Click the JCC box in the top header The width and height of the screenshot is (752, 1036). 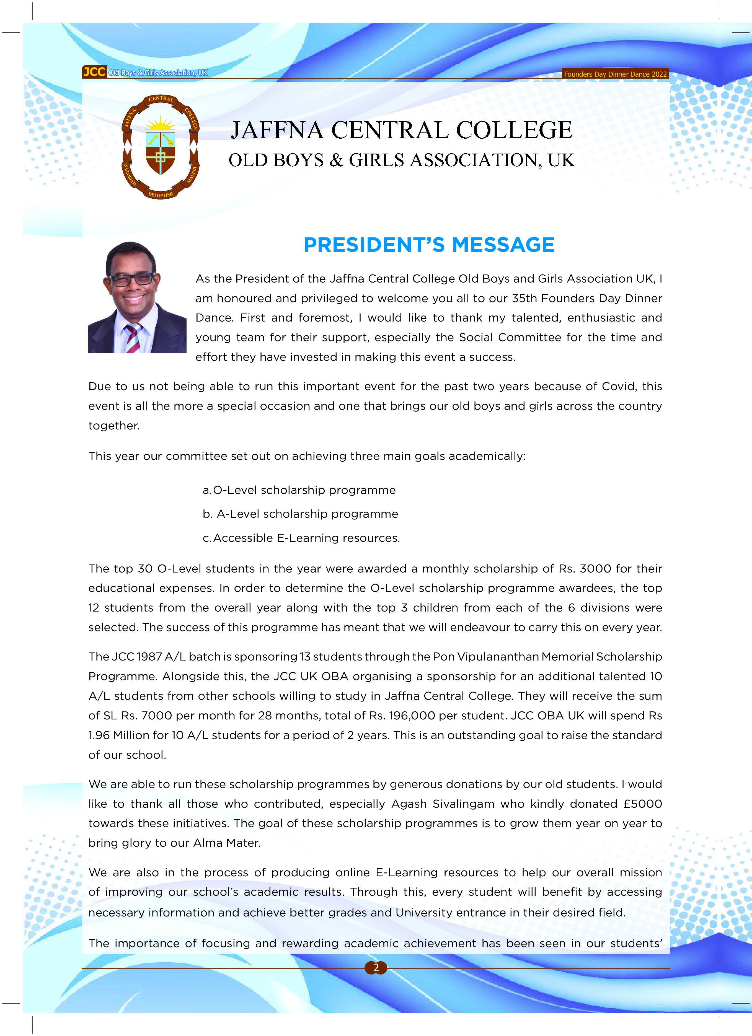[94, 72]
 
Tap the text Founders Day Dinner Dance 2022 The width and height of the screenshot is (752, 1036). [615, 74]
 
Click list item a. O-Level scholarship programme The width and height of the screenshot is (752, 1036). [299, 490]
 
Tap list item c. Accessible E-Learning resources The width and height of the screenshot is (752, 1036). [301, 538]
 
